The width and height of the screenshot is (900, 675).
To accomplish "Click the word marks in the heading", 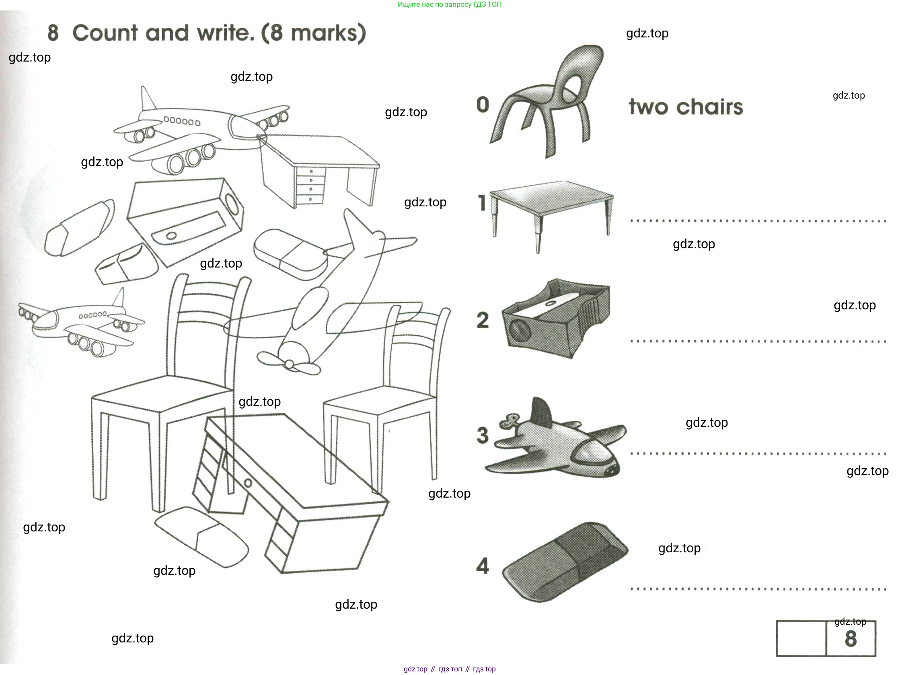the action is (x=324, y=33).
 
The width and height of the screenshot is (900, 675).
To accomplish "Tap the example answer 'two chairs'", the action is (x=686, y=107).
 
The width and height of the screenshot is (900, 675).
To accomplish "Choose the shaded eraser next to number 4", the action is (x=565, y=562).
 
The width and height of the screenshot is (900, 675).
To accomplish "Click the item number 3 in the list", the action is (x=483, y=435).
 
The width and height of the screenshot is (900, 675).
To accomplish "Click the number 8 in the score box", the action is (x=851, y=639).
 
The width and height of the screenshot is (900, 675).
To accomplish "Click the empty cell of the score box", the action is (x=801, y=638).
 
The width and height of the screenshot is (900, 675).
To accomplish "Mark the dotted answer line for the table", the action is (x=758, y=221).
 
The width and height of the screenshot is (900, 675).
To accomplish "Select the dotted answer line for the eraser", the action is (x=758, y=589).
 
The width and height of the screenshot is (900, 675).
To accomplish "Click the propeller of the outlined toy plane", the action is (x=288, y=363).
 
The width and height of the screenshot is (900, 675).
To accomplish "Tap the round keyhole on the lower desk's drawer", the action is (x=248, y=483).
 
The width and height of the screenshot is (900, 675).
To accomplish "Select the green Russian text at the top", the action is (x=450, y=4).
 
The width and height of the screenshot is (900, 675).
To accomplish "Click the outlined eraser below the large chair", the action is (x=202, y=537).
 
